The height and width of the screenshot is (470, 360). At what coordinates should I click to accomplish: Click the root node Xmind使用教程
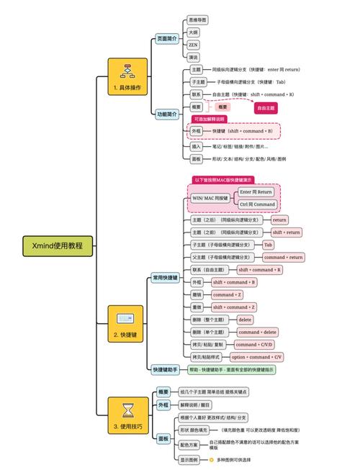click(58, 245)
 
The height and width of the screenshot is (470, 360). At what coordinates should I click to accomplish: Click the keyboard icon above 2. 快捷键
click(127, 317)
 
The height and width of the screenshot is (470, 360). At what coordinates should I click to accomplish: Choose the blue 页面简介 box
click(167, 38)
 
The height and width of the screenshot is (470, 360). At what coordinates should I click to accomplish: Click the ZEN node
click(193, 45)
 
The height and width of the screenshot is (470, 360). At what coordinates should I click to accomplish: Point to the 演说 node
click(193, 57)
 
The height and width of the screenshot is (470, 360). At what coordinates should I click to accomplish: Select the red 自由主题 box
click(266, 107)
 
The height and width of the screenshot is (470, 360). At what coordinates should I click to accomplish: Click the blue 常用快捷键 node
click(166, 276)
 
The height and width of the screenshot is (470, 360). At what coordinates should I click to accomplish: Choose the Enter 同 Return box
click(256, 192)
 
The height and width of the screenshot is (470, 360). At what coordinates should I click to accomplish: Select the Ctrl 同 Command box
click(256, 204)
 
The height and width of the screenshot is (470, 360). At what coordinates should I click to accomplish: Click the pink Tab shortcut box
click(268, 245)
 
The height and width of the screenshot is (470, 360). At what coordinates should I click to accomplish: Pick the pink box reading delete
click(245, 319)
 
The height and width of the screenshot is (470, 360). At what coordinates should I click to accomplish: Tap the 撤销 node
click(197, 294)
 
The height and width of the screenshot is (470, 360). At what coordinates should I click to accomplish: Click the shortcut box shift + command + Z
click(234, 307)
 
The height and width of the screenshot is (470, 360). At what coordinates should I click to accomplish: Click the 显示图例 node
click(189, 459)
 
